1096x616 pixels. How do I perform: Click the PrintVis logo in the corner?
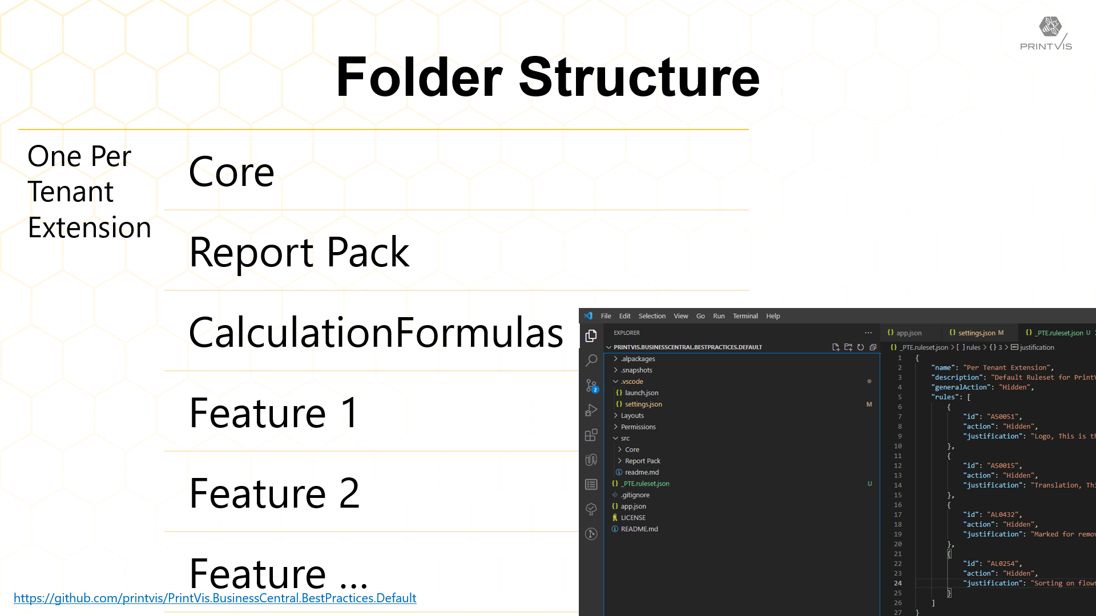(x=1046, y=33)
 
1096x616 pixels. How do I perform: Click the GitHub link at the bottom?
(x=215, y=598)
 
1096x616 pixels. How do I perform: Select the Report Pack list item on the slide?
(x=299, y=252)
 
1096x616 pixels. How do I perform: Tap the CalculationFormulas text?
(x=376, y=332)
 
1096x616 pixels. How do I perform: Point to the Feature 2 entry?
(x=275, y=493)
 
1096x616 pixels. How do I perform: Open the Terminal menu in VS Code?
(x=745, y=316)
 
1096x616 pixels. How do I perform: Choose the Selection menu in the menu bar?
(x=652, y=316)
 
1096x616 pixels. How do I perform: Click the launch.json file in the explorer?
(x=642, y=393)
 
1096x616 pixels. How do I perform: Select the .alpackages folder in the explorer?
(x=638, y=359)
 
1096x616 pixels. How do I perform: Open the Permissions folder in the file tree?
(x=638, y=427)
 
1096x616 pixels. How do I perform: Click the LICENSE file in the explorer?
(x=633, y=518)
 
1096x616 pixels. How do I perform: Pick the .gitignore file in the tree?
(x=635, y=495)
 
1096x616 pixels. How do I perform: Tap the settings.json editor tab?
(x=976, y=333)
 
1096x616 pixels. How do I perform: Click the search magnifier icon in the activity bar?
(x=591, y=360)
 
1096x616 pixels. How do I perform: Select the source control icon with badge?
(x=591, y=386)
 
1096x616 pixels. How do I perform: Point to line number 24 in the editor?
(x=898, y=583)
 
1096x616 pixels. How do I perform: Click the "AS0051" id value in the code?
(x=1002, y=416)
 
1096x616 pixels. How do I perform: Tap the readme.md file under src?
(x=642, y=472)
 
